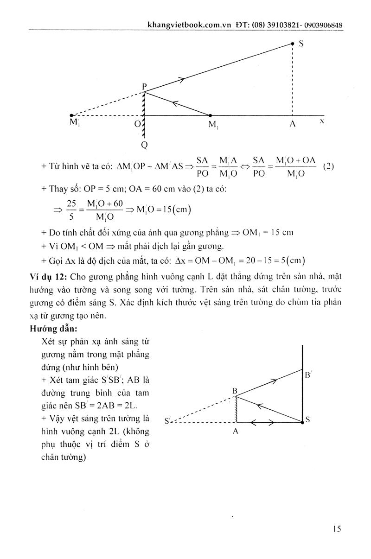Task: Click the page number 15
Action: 337,529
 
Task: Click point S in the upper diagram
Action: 292,44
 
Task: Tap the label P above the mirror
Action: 145,86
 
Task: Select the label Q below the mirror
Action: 144,145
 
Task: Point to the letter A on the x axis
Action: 293,125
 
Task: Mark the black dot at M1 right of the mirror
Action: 210,115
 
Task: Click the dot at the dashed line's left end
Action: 71,115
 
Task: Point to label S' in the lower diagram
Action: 168,421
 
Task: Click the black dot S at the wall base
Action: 302,422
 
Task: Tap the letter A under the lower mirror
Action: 236,431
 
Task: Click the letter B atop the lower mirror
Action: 235,391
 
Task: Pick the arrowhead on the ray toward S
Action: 181,80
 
